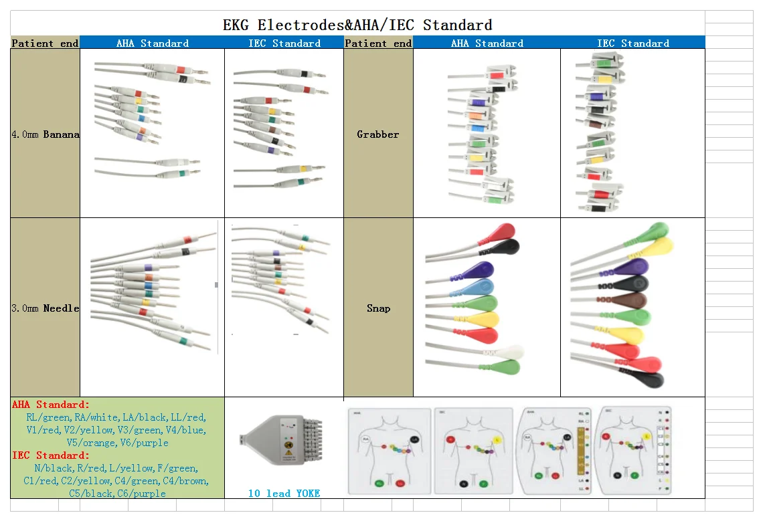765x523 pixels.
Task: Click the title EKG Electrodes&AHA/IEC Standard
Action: pos(357,25)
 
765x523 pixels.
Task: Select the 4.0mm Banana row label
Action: pos(45,134)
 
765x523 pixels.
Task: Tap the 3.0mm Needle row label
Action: pos(45,308)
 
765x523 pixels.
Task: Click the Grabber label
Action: pos(377,134)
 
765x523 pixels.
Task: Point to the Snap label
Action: pos(378,308)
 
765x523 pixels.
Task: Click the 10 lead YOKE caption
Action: pos(284,494)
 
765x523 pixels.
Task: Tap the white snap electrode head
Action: pos(510,352)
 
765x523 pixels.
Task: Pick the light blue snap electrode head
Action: pos(480,287)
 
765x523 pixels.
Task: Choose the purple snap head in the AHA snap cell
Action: pos(479,270)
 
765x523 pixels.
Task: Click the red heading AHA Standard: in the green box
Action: pos(50,405)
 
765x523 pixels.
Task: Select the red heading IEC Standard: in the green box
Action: pos(50,455)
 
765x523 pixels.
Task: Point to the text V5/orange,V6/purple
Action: pos(117,443)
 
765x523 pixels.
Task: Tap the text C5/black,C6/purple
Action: pos(117,494)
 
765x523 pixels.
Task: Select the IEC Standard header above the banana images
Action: pos(284,43)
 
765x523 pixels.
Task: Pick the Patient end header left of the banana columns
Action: pos(45,43)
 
